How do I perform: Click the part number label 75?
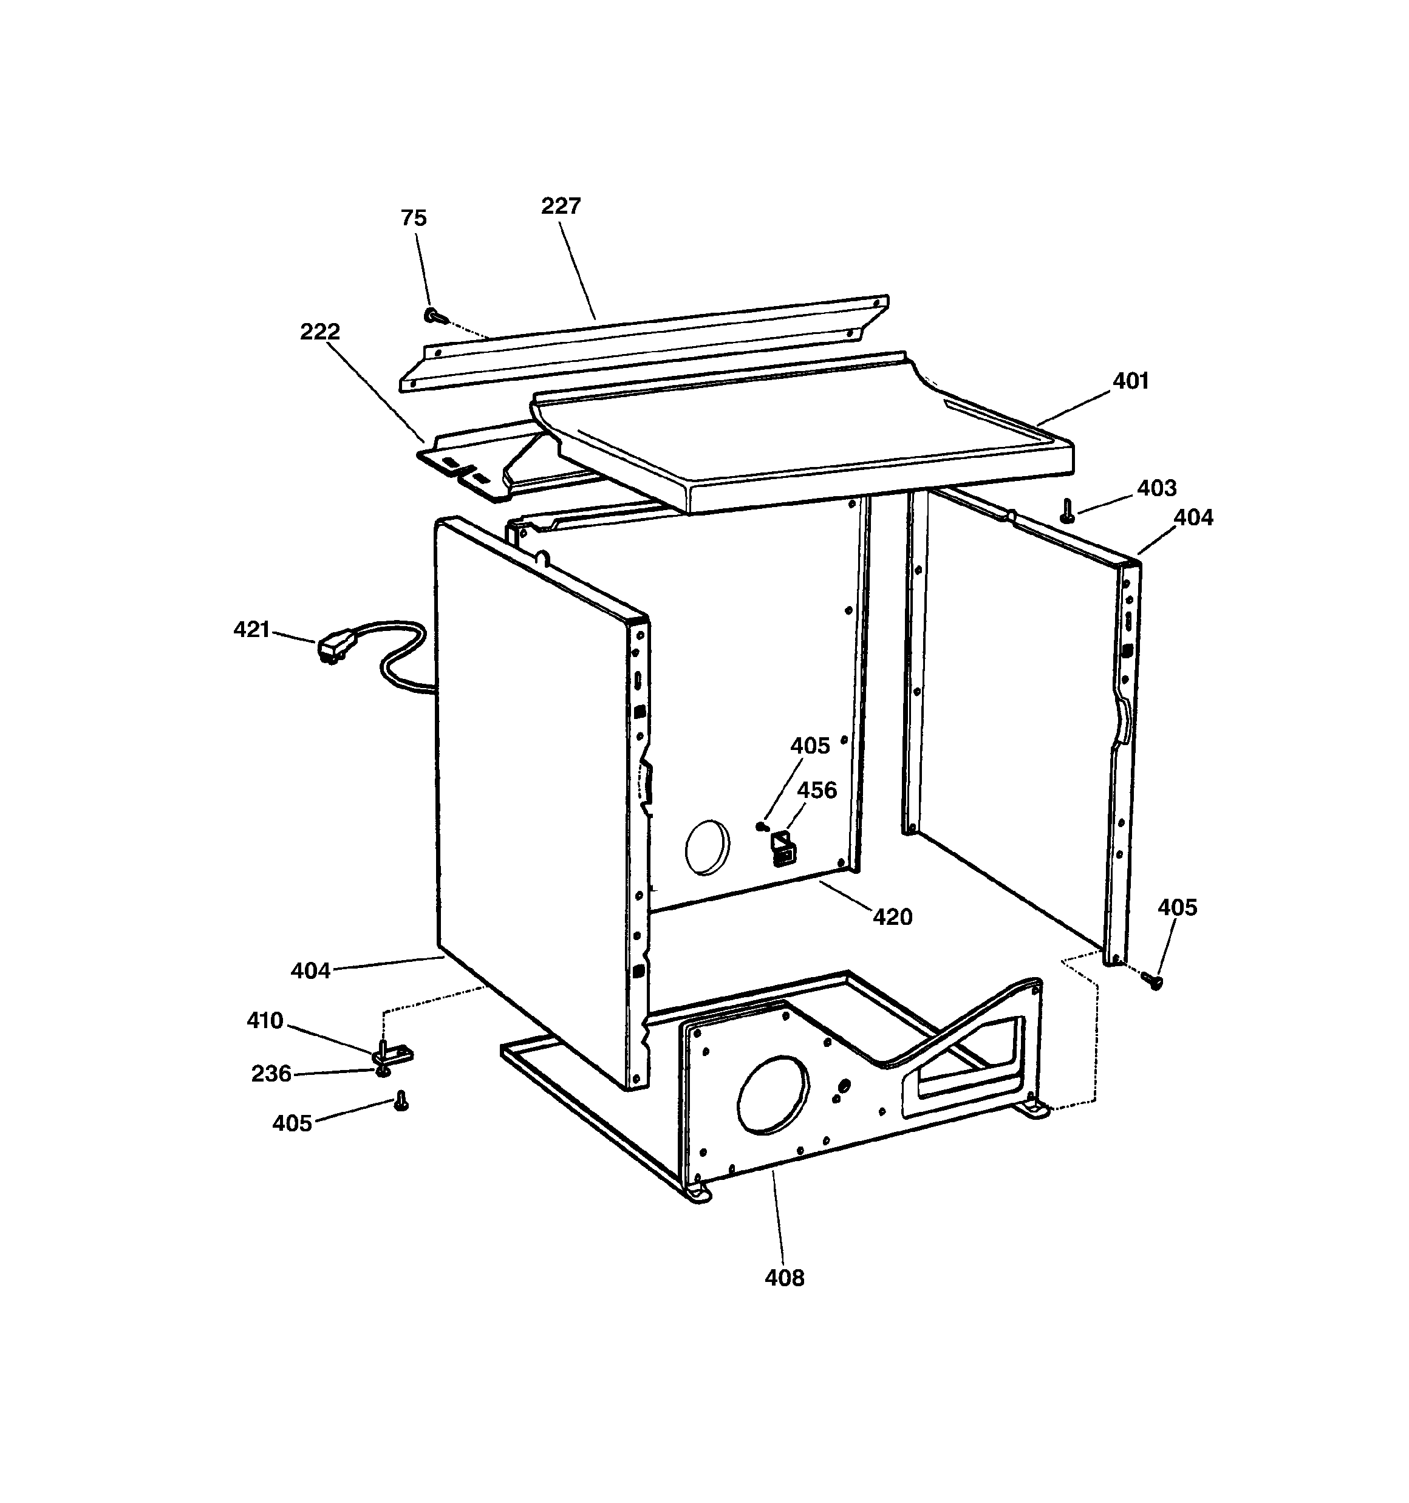point(414,219)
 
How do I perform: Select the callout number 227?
point(561,206)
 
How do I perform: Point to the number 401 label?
point(1130,381)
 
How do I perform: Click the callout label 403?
point(1156,488)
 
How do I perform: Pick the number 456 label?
point(817,790)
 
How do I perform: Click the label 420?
point(892,917)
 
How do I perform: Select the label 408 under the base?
point(784,1278)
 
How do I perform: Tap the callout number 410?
point(265,1021)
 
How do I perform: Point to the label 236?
point(271,1074)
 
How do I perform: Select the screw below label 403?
point(1067,512)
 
